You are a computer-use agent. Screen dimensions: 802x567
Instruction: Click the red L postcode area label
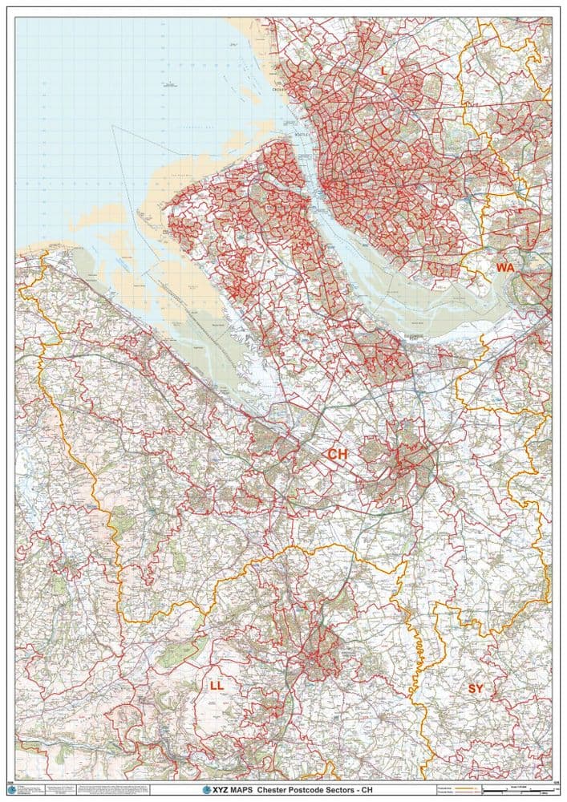click(x=383, y=71)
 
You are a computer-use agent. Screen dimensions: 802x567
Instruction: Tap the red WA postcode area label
click(x=505, y=267)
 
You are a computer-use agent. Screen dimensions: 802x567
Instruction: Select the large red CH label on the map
click(x=338, y=454)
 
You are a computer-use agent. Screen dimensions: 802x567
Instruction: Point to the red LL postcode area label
click(x=217, y=686)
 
